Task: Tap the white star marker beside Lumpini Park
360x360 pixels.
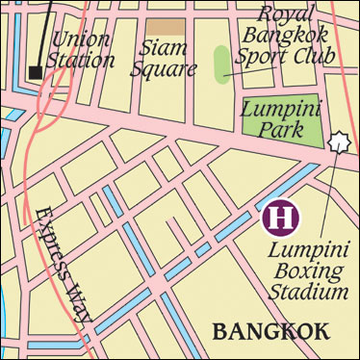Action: pos(337,142)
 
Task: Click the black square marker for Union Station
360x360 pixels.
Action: pos(36,72)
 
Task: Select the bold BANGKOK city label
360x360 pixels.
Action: pos(270,331)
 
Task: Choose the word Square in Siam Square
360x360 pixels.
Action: pos(168,68)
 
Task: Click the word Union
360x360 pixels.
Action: pos(81,39)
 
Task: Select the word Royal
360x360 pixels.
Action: pos(286,14)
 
